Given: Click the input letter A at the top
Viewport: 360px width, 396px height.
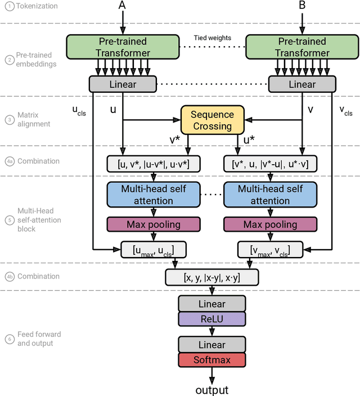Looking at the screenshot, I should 122,6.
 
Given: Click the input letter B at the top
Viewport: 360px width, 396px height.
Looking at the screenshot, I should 302,6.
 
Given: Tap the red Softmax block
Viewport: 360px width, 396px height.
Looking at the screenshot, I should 212,359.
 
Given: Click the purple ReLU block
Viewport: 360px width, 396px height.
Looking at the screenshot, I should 212,319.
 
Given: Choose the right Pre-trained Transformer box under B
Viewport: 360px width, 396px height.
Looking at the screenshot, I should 302,47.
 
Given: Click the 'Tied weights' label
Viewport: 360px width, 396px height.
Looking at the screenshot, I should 212,38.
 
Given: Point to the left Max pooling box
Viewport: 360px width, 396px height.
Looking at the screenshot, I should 153,224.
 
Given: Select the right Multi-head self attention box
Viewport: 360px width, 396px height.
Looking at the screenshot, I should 270,195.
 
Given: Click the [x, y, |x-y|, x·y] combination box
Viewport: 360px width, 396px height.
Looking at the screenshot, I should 212,277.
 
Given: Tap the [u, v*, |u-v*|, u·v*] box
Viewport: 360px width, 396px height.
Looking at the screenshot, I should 153,164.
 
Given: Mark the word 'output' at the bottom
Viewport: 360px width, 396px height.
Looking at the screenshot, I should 212,390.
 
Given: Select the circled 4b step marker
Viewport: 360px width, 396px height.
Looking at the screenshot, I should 9,276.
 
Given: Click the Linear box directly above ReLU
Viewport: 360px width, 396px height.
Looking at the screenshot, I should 212,304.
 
